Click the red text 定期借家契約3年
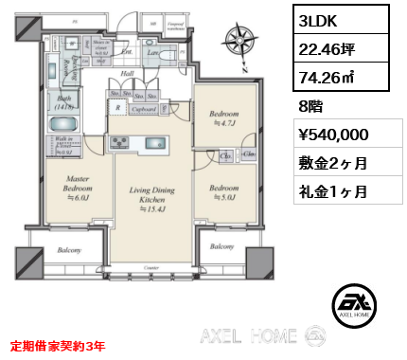(58, 347)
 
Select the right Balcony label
(221, 246)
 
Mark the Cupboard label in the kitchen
(145, 108)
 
